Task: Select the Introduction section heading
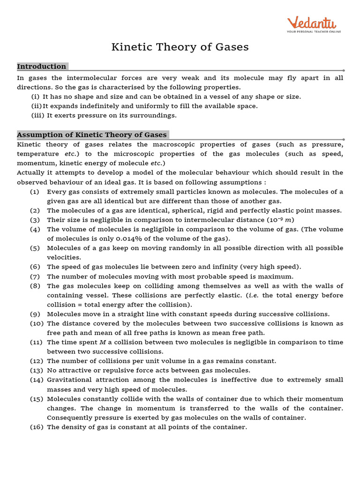42,67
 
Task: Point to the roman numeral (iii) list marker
38,115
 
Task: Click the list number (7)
35,277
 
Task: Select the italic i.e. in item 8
254,295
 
